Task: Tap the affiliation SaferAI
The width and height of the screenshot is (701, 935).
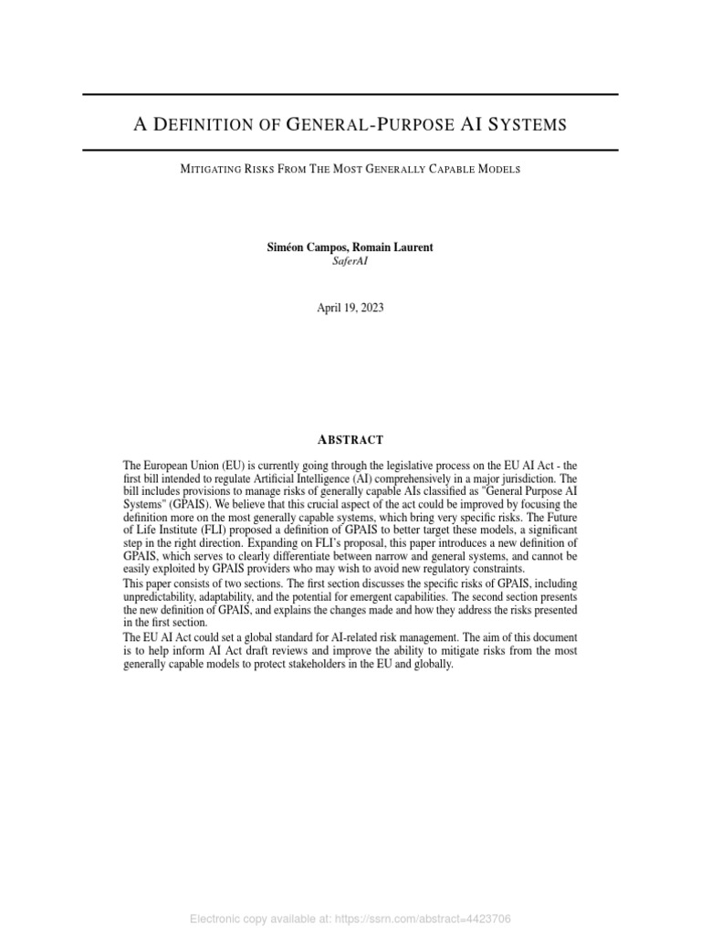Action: click(350, 260)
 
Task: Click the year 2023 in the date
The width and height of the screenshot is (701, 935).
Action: click(371, 308)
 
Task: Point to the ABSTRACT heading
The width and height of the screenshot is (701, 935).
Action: click(350, 439)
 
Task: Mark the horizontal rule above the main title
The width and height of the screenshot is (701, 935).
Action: click(350, 95)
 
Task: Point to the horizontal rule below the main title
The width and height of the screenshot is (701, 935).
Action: click(350, 150)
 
